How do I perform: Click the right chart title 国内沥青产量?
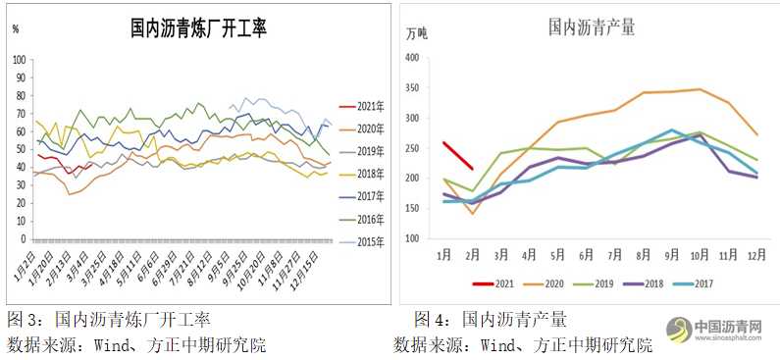(x=591, y=27)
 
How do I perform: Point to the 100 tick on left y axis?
(x=19, y=60)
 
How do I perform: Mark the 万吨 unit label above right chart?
(x=417, y=33)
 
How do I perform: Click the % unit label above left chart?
(x=16, y=28)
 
